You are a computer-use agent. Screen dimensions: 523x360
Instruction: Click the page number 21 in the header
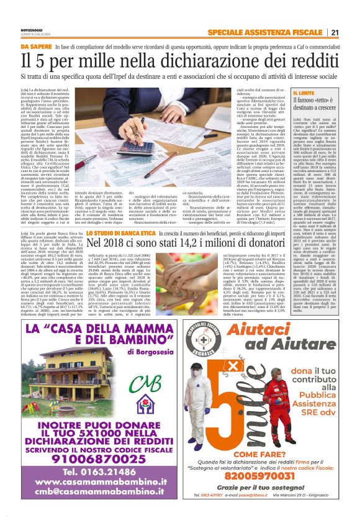pos(335,32)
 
